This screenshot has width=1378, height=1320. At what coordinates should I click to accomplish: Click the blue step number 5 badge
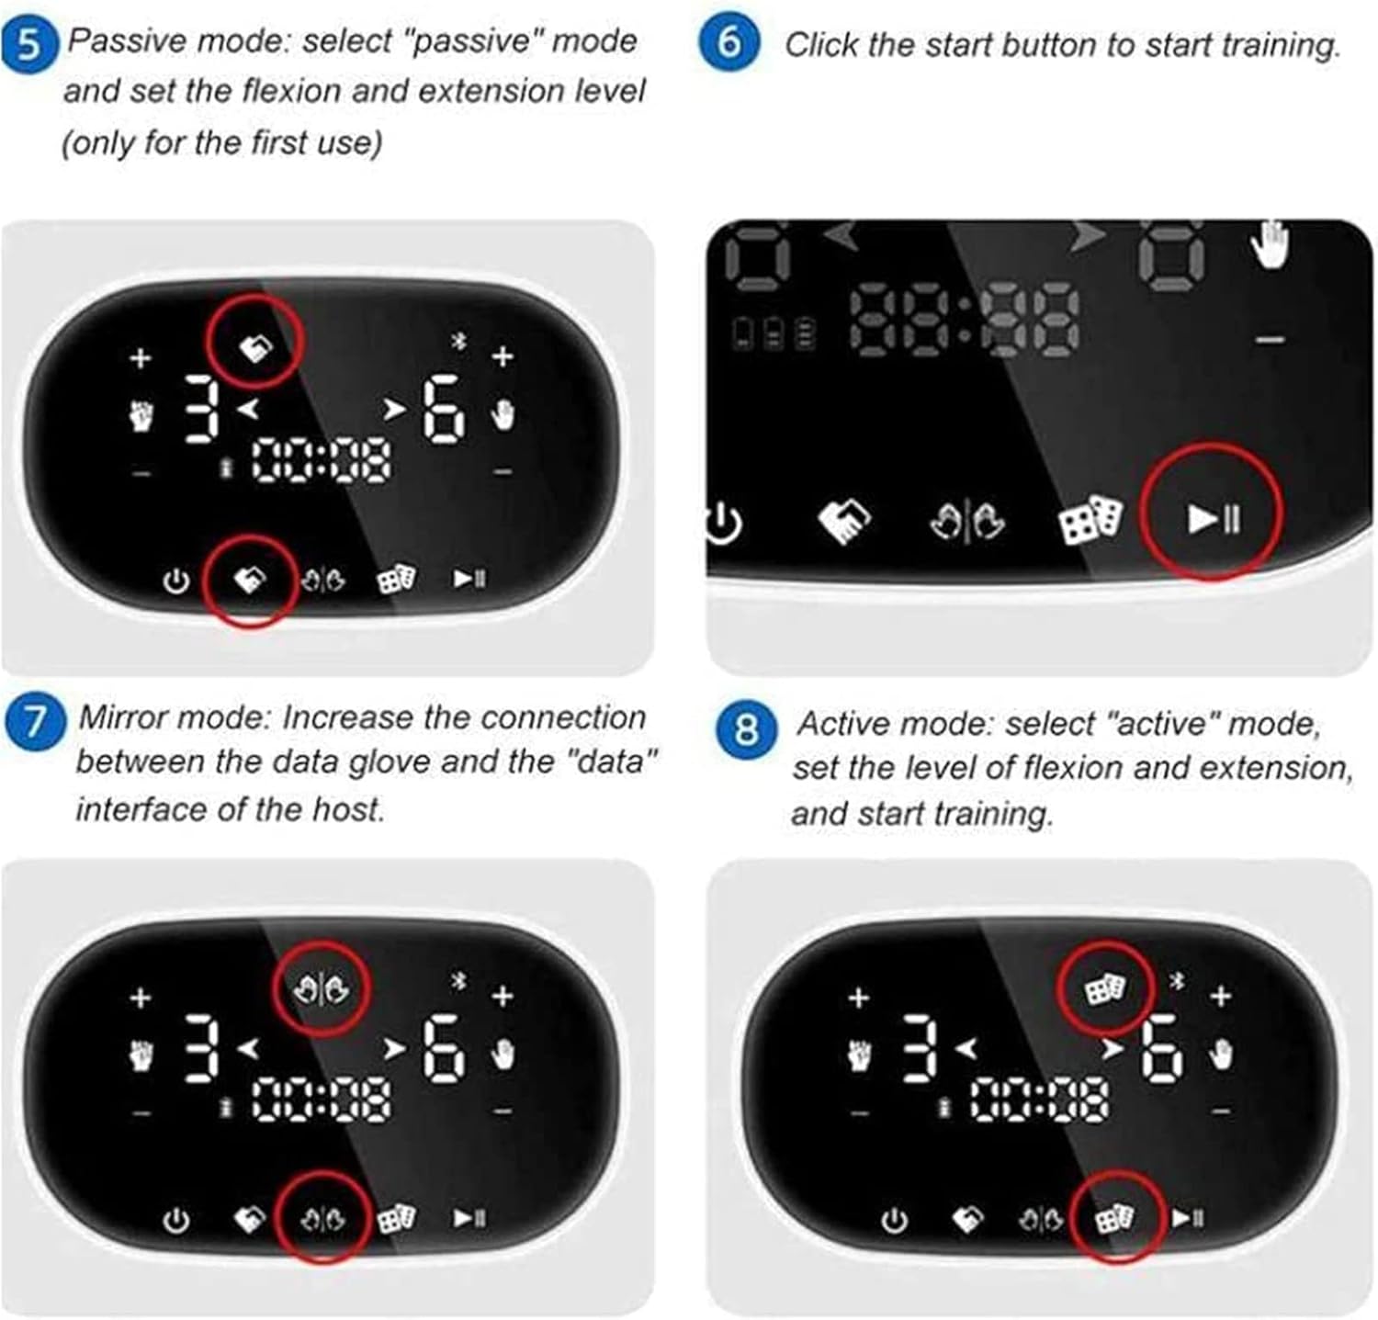pyautogui.click(x=30, y=43)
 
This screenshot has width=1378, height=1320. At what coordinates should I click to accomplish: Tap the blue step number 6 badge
pyautogui.click(x=729, y=42)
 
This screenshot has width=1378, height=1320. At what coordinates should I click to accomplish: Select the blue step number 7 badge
pyautogui.click(x=34, y=720)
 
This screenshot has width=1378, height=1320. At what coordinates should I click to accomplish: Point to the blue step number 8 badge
pyautogui.click(x=745, y=729)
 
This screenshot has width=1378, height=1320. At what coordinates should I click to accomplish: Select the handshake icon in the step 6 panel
pyautogui.click(x=843, y=520)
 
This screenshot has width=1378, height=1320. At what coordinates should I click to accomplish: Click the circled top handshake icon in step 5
pyautogui.click(x=255, y=347)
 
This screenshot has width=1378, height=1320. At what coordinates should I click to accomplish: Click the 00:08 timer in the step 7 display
pyautogui.click(x=322, y=1100)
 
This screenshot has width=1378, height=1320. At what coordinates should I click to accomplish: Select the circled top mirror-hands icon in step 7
pyautogui.click(x=322, y=990)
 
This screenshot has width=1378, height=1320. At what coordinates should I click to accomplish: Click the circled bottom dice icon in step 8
pyautogui.click(x=1114, y=1219)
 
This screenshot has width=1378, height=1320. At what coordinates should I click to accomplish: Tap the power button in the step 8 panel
pyautogui.click(x=894, y=1221)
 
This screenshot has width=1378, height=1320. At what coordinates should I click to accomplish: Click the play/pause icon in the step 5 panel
pyautogui.click(x=469, y=579)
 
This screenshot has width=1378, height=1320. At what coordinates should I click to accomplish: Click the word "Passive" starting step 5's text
pyautogui.click(x=125, y=41)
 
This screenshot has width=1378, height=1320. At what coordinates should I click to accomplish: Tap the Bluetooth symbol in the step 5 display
pyautogui.click(x=460, y=341)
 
